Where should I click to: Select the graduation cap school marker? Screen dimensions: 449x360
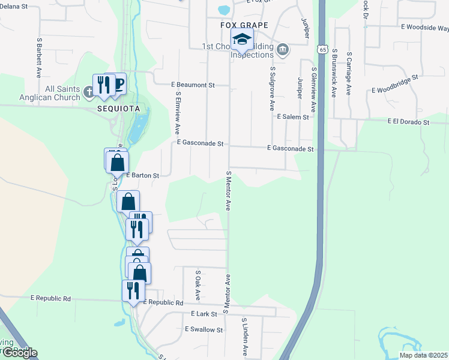243,40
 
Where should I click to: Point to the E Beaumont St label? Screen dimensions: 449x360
193,85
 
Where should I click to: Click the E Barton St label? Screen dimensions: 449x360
142,176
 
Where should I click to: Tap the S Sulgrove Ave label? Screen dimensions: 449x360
273,88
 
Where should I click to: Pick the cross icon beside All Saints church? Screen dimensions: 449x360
89,92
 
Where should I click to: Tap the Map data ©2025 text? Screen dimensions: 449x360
423,355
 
